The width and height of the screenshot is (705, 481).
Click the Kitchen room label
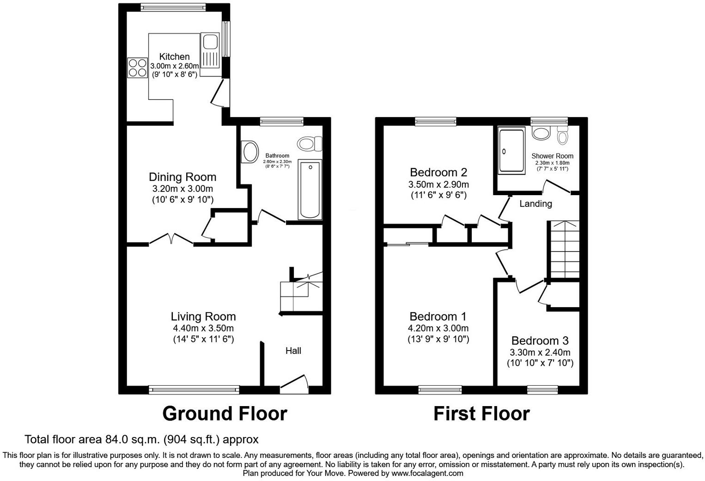[x=174, y=56]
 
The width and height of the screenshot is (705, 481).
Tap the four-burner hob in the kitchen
[x=137, y=68]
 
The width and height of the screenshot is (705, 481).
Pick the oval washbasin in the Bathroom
[x=250, y=152]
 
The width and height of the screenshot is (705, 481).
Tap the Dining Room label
[x=182, y=177]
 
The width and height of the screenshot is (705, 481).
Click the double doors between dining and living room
[x=171, y=239]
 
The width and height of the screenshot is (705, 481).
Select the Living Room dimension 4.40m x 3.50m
[x=203, y=328]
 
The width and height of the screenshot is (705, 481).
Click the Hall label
[x=293, y=351]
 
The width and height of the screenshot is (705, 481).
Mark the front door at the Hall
[x=294, y=383]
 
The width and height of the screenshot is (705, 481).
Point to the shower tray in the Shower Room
[x=511, y=151]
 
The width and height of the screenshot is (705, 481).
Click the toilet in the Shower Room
[x=562, y=136]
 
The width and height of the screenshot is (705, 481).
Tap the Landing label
[x=535, y=203]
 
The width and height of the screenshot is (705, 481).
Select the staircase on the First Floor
[x=564, y=249]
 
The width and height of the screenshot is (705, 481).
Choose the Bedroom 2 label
[x=438, y=173]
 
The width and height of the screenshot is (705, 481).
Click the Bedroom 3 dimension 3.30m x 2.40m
[x=540, y=352]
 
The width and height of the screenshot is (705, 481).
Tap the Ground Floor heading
[x=225, y=413]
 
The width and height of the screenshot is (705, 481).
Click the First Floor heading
[x=481, y=413]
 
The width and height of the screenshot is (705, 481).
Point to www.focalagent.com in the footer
[x=427, y=473]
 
